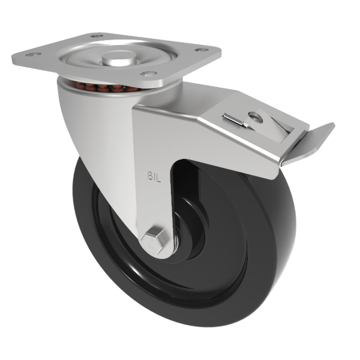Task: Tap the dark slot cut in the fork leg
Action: tap(180, 192)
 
